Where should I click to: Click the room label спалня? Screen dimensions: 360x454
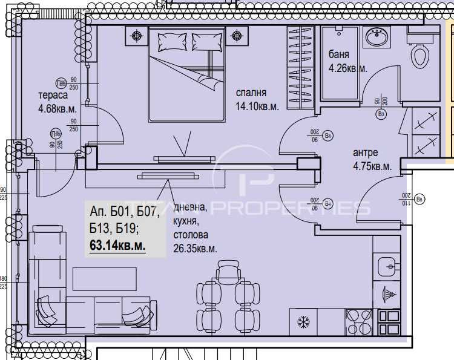(251, 93)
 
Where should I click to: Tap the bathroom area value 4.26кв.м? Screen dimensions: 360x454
(347, 68)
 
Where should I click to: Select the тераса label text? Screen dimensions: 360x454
(53, 96)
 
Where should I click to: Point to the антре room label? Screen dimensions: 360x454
(365, 152)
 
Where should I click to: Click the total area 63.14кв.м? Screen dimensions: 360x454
(117, 246)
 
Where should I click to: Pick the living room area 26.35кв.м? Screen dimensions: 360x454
(195, 248)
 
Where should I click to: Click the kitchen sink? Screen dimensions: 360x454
(387, 265)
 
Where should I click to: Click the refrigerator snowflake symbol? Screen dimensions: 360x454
(303, 322)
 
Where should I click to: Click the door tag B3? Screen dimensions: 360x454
(381, 113)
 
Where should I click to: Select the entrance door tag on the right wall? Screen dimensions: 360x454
(420, 198)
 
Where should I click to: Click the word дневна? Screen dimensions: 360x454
(190, 208)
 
